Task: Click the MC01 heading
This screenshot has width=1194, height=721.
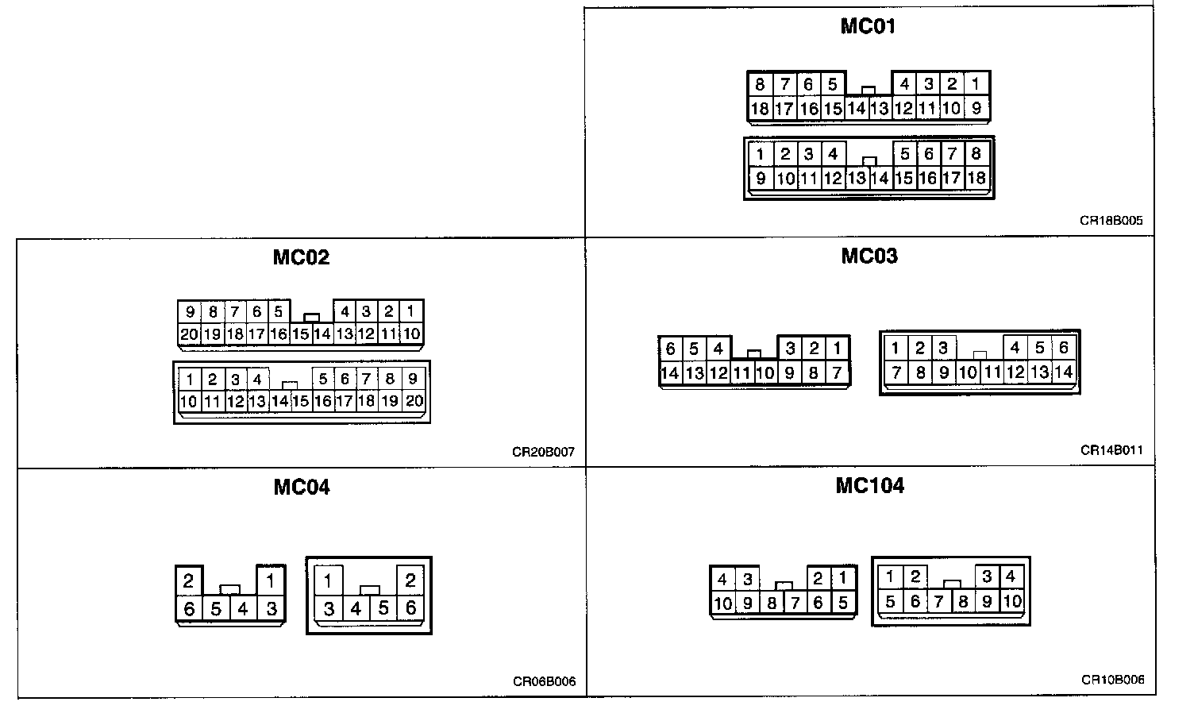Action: coord(868,26)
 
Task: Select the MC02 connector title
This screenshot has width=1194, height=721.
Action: coord(301,257)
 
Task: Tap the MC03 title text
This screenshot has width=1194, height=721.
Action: coord(869,256)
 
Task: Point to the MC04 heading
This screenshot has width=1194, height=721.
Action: coord(302,487)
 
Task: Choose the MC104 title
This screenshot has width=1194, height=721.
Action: coord(869,485)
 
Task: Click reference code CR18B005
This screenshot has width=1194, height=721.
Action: coord(1111,221)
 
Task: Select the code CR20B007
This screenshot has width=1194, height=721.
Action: coord(543,453)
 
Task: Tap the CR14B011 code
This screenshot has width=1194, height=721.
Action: coord(1111,450)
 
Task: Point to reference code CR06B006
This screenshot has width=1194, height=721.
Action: coord(544,681)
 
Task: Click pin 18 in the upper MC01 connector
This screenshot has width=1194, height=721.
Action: coord(760,109)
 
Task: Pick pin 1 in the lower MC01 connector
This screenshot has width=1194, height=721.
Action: coord(761,154)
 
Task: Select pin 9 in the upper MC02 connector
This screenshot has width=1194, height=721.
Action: coord(190,312)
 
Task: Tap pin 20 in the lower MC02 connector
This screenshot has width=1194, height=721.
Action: coord(414,401)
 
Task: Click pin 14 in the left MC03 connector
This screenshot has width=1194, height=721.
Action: coord(670,372)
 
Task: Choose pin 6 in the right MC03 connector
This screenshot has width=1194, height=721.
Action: coord(1063,348)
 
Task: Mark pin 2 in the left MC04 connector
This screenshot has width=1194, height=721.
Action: coord(188,581)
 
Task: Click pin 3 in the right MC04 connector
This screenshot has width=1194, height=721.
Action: coord(328,608)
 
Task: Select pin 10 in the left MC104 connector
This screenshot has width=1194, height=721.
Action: coord(722,603)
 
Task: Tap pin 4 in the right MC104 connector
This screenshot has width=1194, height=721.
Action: coord(1010,577)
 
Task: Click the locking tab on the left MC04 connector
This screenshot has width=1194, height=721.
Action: coord(230,589)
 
